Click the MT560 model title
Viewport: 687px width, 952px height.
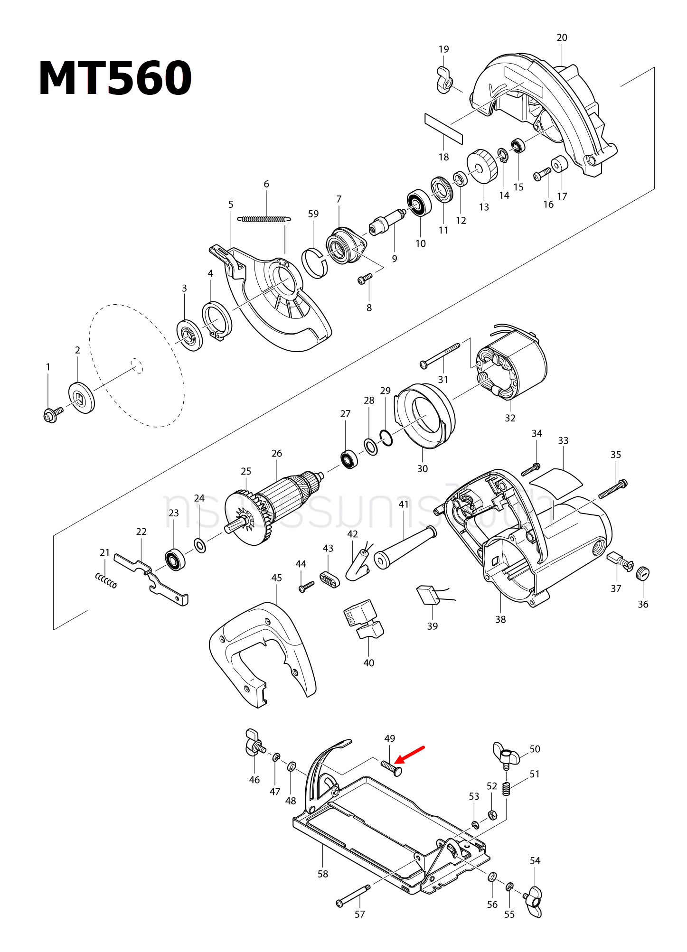coord(115,79)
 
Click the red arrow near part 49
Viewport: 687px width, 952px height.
coord(410,754)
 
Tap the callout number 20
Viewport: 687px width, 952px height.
coord(562,37)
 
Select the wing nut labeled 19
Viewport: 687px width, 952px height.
coord(444,81)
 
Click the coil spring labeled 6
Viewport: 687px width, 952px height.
coord(264,219)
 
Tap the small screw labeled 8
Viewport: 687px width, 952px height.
coord(365,278)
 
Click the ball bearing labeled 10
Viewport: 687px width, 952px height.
coord(419,203)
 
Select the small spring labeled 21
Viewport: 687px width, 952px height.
coord(106,580)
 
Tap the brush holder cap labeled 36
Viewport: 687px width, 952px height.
coord(642,573)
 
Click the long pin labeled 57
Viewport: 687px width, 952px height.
coord(354,895)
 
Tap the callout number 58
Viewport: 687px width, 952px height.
coord(322,874)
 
